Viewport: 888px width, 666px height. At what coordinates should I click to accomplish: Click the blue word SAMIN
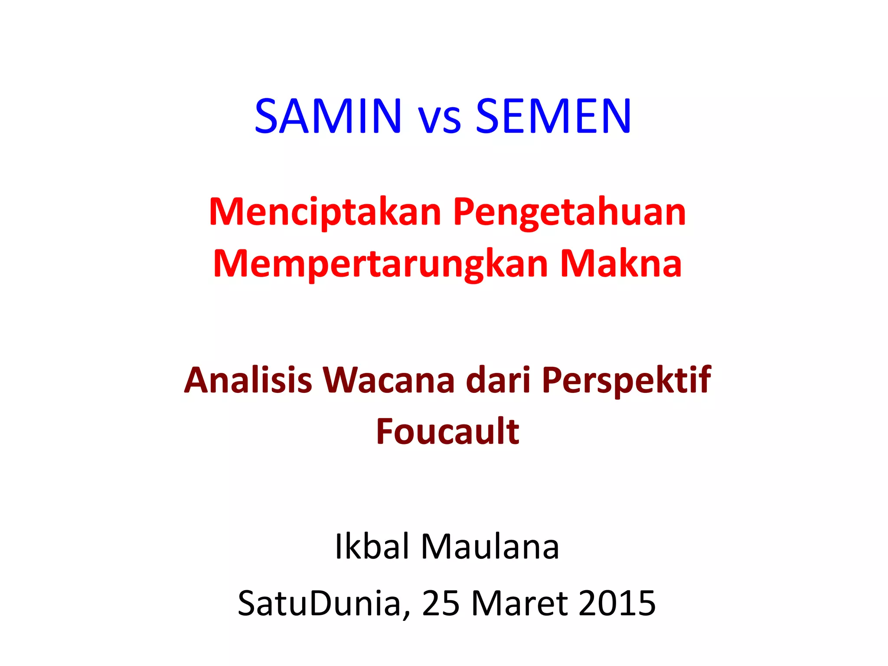click(x=328, y=116)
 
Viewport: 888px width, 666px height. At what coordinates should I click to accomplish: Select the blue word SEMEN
click(x=553, y=116)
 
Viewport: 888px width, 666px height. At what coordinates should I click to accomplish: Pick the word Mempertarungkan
click(x=380, y=264)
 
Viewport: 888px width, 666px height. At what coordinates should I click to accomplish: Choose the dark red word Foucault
click(x=447, y=431)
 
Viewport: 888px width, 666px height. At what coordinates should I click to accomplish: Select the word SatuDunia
click(x=319, y=603)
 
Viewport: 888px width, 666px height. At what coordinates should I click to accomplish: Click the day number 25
click(x=441, y=603)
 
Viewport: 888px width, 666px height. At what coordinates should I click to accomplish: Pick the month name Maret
click(x=519, y=603)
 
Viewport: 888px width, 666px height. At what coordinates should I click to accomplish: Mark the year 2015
click(x=617, y=603)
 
